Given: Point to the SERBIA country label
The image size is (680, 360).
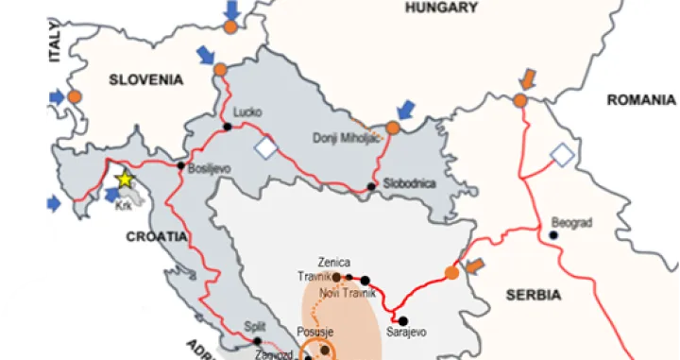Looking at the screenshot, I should (532, 295).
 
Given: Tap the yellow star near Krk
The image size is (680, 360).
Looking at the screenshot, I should (124, 180).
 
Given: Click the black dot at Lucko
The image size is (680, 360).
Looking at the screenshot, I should (227, 127).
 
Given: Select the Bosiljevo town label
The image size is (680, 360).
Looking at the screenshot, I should (209, 169).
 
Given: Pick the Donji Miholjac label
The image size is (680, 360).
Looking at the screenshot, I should (347, 138).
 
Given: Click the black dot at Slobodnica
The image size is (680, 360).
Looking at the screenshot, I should (372, 186).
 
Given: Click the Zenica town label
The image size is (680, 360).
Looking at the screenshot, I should (335, 262).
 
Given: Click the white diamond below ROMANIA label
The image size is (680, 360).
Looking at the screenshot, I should (563, 154).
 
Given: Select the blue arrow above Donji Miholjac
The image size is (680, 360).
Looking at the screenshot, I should (406, 110).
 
